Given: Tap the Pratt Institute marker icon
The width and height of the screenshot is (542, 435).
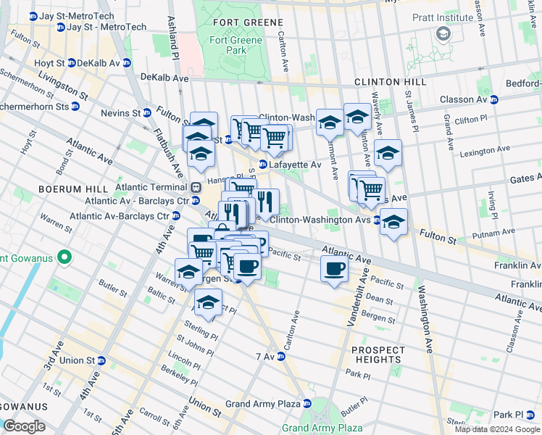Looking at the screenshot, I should (x=443, y=33).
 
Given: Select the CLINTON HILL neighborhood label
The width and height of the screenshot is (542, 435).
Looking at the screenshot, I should (x=384, y=83).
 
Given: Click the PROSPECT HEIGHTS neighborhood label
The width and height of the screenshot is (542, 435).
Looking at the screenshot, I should (x=378, y=355).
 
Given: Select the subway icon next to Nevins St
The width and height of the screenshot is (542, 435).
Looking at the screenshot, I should (x=147, y=113).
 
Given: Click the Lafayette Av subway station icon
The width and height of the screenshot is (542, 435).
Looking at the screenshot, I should (x=262, y=165).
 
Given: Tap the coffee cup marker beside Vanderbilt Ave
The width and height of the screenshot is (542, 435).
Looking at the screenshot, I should (x=334, y=269).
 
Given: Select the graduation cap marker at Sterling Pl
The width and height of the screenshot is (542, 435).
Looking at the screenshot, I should (x=208, y=303).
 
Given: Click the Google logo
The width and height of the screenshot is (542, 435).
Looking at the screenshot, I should (x=24, y=426).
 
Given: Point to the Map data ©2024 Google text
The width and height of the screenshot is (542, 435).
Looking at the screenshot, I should (x=497, y=429).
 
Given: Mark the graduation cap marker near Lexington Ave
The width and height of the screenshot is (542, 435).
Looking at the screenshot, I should (x=388, y=154).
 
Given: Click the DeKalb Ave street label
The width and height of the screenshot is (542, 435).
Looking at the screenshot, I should (x=164, y=77).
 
